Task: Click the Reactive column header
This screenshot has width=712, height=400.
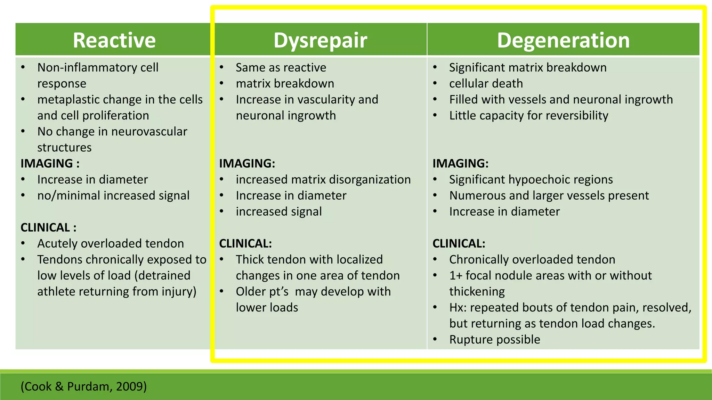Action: coord(114,40)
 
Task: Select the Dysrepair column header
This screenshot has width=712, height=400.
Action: coord(320,40)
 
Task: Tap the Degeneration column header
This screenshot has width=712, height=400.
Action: coord(563,40)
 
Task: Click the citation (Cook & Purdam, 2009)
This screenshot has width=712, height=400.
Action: coord(83,386)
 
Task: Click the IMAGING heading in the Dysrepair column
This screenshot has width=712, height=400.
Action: coord(247,163)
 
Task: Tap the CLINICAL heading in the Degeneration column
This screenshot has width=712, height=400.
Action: coord(459,243)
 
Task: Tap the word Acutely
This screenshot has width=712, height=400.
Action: coord(57,243)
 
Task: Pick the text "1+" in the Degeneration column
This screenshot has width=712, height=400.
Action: coord(455,276)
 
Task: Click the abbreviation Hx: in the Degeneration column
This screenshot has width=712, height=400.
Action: coord(458,308)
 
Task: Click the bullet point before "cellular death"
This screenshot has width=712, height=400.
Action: coord(435,83)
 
